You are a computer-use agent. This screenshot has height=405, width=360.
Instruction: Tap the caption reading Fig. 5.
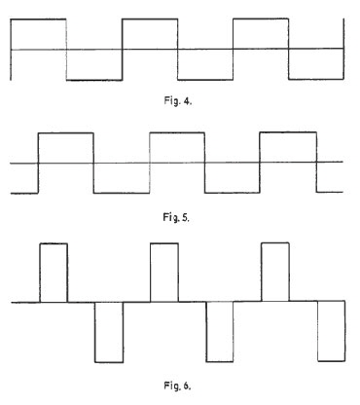coord(178,218)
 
